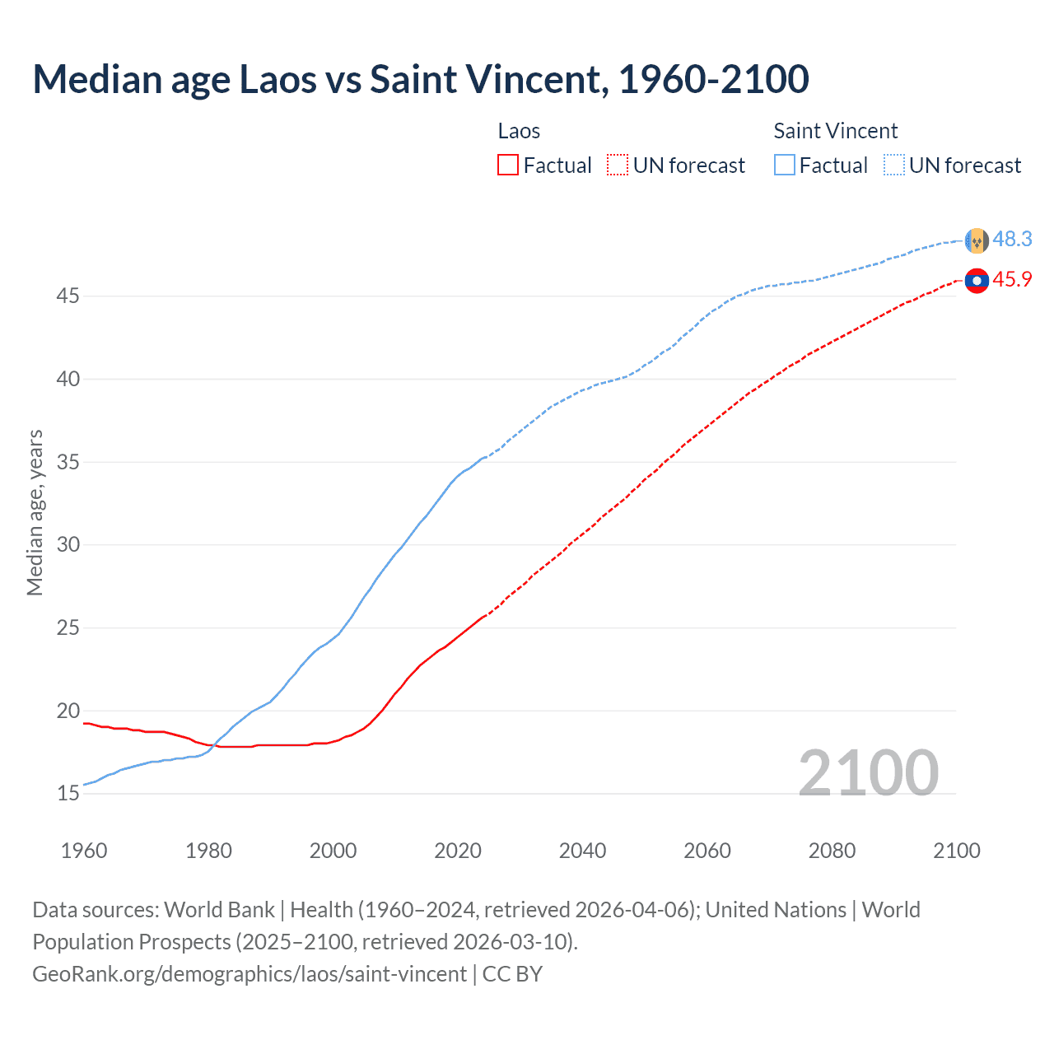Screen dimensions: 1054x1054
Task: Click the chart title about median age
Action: click(x=421, y=79)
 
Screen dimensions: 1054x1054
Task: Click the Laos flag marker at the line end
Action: click(x=977, y=281)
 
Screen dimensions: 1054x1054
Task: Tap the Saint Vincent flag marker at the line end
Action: click(x=977, y=240)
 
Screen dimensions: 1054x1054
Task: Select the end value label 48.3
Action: click(x=1012, y=240)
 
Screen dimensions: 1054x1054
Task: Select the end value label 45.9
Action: click(x=1012, y=280)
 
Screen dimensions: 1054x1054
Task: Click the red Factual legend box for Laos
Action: click(x=508, y=166)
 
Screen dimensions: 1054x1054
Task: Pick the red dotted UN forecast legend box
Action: click(x=618, y=166)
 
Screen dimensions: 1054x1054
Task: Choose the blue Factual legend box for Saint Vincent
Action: click(x=785, y=166)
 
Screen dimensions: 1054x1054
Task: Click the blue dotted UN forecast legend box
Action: click(x=893, y=166)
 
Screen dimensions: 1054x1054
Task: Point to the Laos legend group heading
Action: click(x=519, y=131)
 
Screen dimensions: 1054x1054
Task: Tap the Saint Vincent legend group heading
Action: click(x=835, y=131)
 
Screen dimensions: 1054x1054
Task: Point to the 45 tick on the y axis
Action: click(x=68, y=296)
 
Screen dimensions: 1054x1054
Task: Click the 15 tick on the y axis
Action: click(x=68, y=794)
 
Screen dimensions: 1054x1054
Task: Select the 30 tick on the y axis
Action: click(x=68, y=544)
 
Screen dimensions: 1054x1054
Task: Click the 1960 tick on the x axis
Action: click(x=84, y=851)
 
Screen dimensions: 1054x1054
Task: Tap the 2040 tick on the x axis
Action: click(x=582, y=851)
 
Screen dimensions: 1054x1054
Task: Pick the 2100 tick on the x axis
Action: click(x=956, y=851)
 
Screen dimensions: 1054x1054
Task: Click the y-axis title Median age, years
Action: click(x=35, y=512)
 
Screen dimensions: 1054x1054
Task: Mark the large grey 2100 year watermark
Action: click(x=868, y=772)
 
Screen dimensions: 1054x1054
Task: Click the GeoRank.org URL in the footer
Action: click(x=250, y=974)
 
